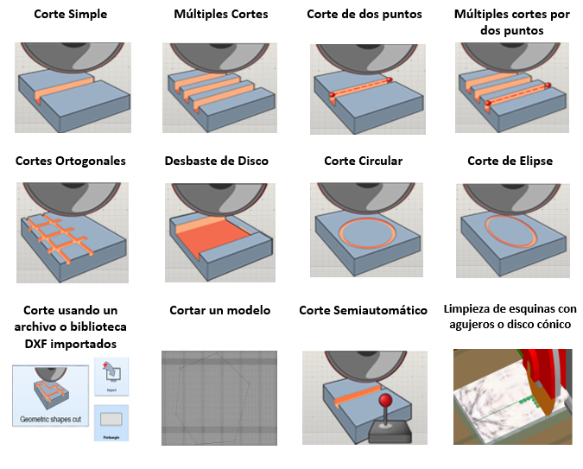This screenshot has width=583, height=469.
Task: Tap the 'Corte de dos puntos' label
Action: (x=363, y=15)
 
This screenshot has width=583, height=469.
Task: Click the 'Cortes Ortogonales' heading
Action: (x=70, y=161)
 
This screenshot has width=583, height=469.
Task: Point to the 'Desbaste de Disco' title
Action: (x=216, y=161)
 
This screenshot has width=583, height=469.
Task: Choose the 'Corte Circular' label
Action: (x=363, y=161)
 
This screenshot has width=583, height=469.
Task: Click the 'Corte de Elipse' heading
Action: (x=510, y=161)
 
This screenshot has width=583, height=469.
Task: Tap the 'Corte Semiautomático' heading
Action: (x=363, y=310)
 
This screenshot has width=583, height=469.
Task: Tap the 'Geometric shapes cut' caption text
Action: (x=49, y=421)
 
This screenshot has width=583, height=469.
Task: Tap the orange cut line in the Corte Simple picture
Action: (x=68, y=86)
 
